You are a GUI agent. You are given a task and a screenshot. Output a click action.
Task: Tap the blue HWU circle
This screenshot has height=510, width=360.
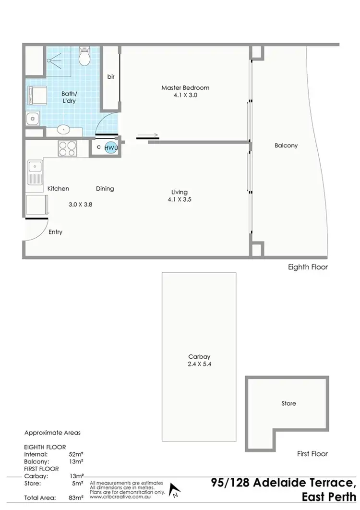111,148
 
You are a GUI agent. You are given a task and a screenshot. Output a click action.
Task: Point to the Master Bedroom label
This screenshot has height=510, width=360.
185,88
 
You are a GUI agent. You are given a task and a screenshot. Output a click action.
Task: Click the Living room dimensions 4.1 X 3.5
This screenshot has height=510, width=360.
180,199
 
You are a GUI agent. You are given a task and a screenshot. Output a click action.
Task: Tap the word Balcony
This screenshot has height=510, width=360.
286,146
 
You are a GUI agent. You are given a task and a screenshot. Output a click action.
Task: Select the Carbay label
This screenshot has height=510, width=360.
199,357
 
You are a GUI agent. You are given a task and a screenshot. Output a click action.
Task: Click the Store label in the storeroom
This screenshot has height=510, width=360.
288,403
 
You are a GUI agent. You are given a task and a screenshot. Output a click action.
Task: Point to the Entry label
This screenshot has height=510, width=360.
55,232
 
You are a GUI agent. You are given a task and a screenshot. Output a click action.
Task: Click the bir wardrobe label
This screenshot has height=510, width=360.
110,77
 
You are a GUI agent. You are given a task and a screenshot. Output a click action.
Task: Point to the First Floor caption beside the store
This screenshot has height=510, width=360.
312,453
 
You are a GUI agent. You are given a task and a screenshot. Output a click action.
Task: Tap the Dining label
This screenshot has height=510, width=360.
105,189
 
